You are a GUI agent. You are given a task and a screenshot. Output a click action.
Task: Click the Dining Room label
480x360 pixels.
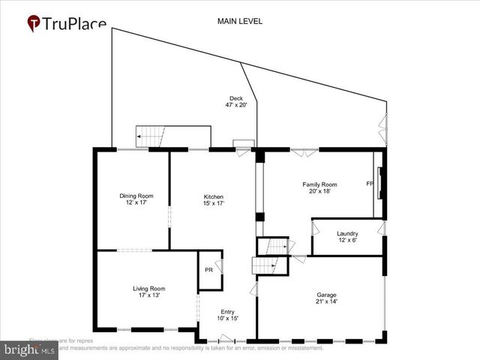pyautogui.click(x=136, y=199)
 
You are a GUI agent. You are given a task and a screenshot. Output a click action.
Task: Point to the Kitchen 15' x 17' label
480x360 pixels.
pyautogui.click(x=213, y=199)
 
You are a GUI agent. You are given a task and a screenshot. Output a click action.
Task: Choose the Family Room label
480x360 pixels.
pyautogui.click(x=319, y=187)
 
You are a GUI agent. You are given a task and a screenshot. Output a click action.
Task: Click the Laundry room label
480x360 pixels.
pyautogui.click(x=347, y=237)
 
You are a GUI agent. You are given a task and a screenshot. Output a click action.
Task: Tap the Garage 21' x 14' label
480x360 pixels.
pyautogui.click(x=326, y=298)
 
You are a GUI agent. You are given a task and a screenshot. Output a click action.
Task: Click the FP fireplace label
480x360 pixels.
pyautogui.click(x=370, y=183)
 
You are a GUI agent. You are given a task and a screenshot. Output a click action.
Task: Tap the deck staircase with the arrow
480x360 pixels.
pyautogui.click(x=150, y=137)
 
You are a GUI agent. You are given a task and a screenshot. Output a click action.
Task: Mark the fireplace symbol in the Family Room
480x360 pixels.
pyautogui.click(x=381, y=182)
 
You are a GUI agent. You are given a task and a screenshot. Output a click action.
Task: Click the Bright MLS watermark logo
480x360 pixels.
pyautogui.click(x=28, y=349)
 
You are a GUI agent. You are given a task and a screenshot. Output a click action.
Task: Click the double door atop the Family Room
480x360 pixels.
pyautogui.click(x=304, y=151)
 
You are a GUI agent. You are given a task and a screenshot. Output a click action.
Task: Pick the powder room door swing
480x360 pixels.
pyautogui.click(x=218, y=265)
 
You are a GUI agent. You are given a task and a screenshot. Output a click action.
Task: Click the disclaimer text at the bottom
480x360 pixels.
pyautogui.click(x=187, y=348)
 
